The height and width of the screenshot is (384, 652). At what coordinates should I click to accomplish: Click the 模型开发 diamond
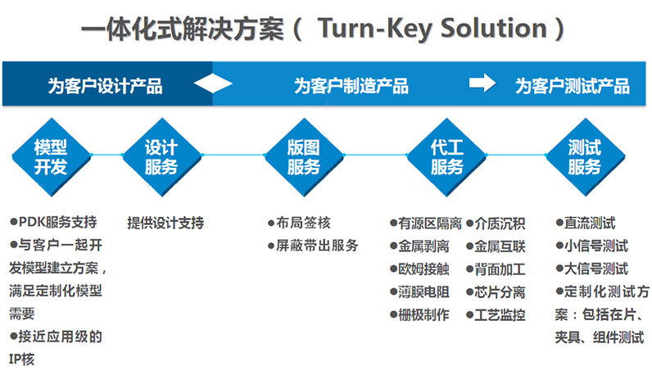[51, 156]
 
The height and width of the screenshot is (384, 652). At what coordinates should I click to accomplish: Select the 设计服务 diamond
[161, 156]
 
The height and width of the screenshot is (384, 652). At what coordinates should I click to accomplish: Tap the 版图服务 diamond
[303, 156]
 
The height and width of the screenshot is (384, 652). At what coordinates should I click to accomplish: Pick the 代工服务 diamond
[446, 156]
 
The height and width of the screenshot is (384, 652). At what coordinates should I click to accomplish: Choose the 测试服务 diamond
[584, 156]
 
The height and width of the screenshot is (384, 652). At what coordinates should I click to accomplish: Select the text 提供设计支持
[165, 223]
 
